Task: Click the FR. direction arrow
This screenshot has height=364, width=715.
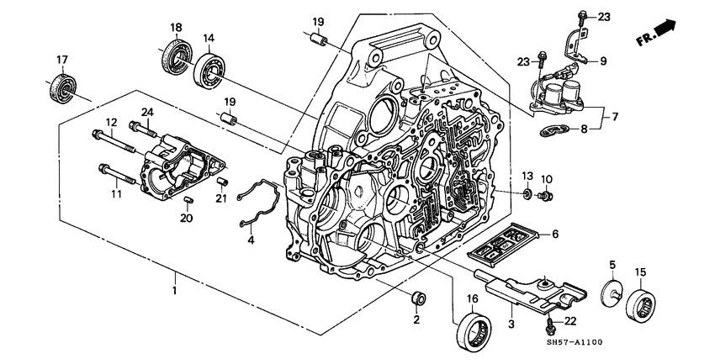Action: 665,31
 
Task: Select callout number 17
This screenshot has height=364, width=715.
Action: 61,60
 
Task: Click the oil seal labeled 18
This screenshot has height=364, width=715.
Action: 175,60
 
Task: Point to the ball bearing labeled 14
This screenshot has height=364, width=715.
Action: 208,70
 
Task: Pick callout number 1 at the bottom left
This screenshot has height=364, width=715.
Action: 175,290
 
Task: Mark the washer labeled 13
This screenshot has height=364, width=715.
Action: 526,196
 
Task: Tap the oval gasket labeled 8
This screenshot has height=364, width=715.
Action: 557,129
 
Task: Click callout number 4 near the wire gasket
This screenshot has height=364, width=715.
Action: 250,241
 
